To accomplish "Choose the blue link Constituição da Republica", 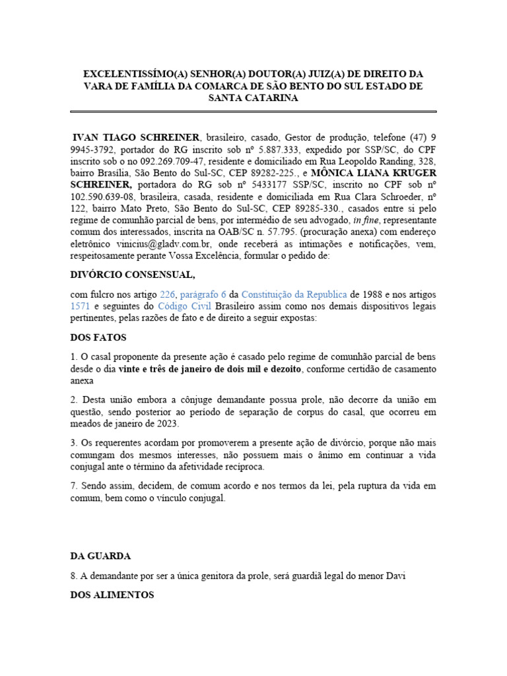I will tap(294, 294).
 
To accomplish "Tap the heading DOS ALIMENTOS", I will tap(112, 595).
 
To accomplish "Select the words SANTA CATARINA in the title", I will tap(253, 98).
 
